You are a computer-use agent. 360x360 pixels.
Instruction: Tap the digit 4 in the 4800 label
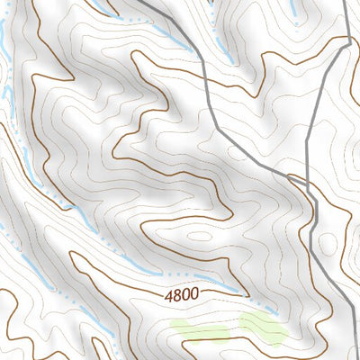(169, 295)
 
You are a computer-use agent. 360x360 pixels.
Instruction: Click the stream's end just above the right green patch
(245, 293)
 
